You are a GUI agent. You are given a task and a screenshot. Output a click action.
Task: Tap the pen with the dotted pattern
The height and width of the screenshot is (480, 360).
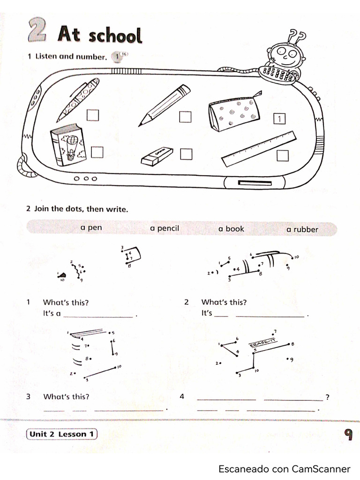pos(78,99)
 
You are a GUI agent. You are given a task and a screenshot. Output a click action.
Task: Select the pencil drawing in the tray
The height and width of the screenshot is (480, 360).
pos(165,105)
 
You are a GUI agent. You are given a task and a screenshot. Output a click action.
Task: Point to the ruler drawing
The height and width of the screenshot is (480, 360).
pos(259,149)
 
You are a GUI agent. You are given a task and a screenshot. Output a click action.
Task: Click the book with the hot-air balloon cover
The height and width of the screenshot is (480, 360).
pos(68,145)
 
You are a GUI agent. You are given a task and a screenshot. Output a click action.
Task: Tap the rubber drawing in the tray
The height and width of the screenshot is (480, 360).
pos(157,157)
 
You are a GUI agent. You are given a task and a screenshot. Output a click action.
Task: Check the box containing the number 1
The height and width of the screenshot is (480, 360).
pos(279,119)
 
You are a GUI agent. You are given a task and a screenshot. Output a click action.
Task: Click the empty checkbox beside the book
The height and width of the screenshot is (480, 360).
pos(97,152)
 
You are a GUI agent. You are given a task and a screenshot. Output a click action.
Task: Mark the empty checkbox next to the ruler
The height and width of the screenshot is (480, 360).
pos(282,155)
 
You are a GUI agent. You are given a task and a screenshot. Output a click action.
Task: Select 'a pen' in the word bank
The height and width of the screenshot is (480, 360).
pos(91,228)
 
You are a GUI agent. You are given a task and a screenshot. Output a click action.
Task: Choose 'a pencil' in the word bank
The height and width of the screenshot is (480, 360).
pos(165,229)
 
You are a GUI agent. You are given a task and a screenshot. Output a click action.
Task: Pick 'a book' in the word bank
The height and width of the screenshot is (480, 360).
pos(231,229)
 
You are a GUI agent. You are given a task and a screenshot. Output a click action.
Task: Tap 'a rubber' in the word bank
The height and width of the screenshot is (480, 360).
pos(302,229)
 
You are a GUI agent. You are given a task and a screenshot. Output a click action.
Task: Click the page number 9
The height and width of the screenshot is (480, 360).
pos(348,435)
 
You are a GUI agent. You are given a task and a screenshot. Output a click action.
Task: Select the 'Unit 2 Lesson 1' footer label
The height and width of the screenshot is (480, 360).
pos(62,434)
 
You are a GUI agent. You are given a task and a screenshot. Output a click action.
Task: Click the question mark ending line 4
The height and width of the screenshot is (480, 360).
pos(327,397)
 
